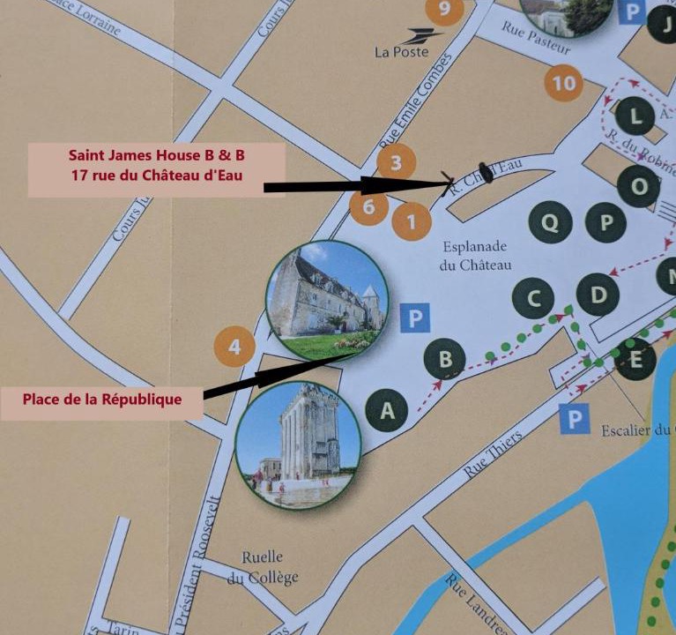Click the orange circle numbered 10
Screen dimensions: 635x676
[565, 84]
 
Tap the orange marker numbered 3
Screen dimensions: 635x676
[396, 162]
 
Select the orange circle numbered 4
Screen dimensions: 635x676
[234, 347]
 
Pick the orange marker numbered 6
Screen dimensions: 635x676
[368, 207]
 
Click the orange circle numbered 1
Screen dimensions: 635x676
[411, 221]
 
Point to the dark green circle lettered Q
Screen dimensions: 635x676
[550, 222]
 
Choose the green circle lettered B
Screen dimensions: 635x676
[445, 359]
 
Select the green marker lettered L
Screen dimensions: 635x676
[635, 115]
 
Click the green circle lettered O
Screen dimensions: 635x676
[638, 186]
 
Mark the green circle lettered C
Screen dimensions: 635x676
[533, 299]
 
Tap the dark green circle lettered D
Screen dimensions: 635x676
[598, 295]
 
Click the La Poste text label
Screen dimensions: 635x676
[402, 51]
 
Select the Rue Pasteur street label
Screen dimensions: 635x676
[536, 39]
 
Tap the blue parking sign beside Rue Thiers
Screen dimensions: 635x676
[574, 419]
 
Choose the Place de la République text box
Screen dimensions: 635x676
[102, 399]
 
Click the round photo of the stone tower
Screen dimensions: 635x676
[298, 445]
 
